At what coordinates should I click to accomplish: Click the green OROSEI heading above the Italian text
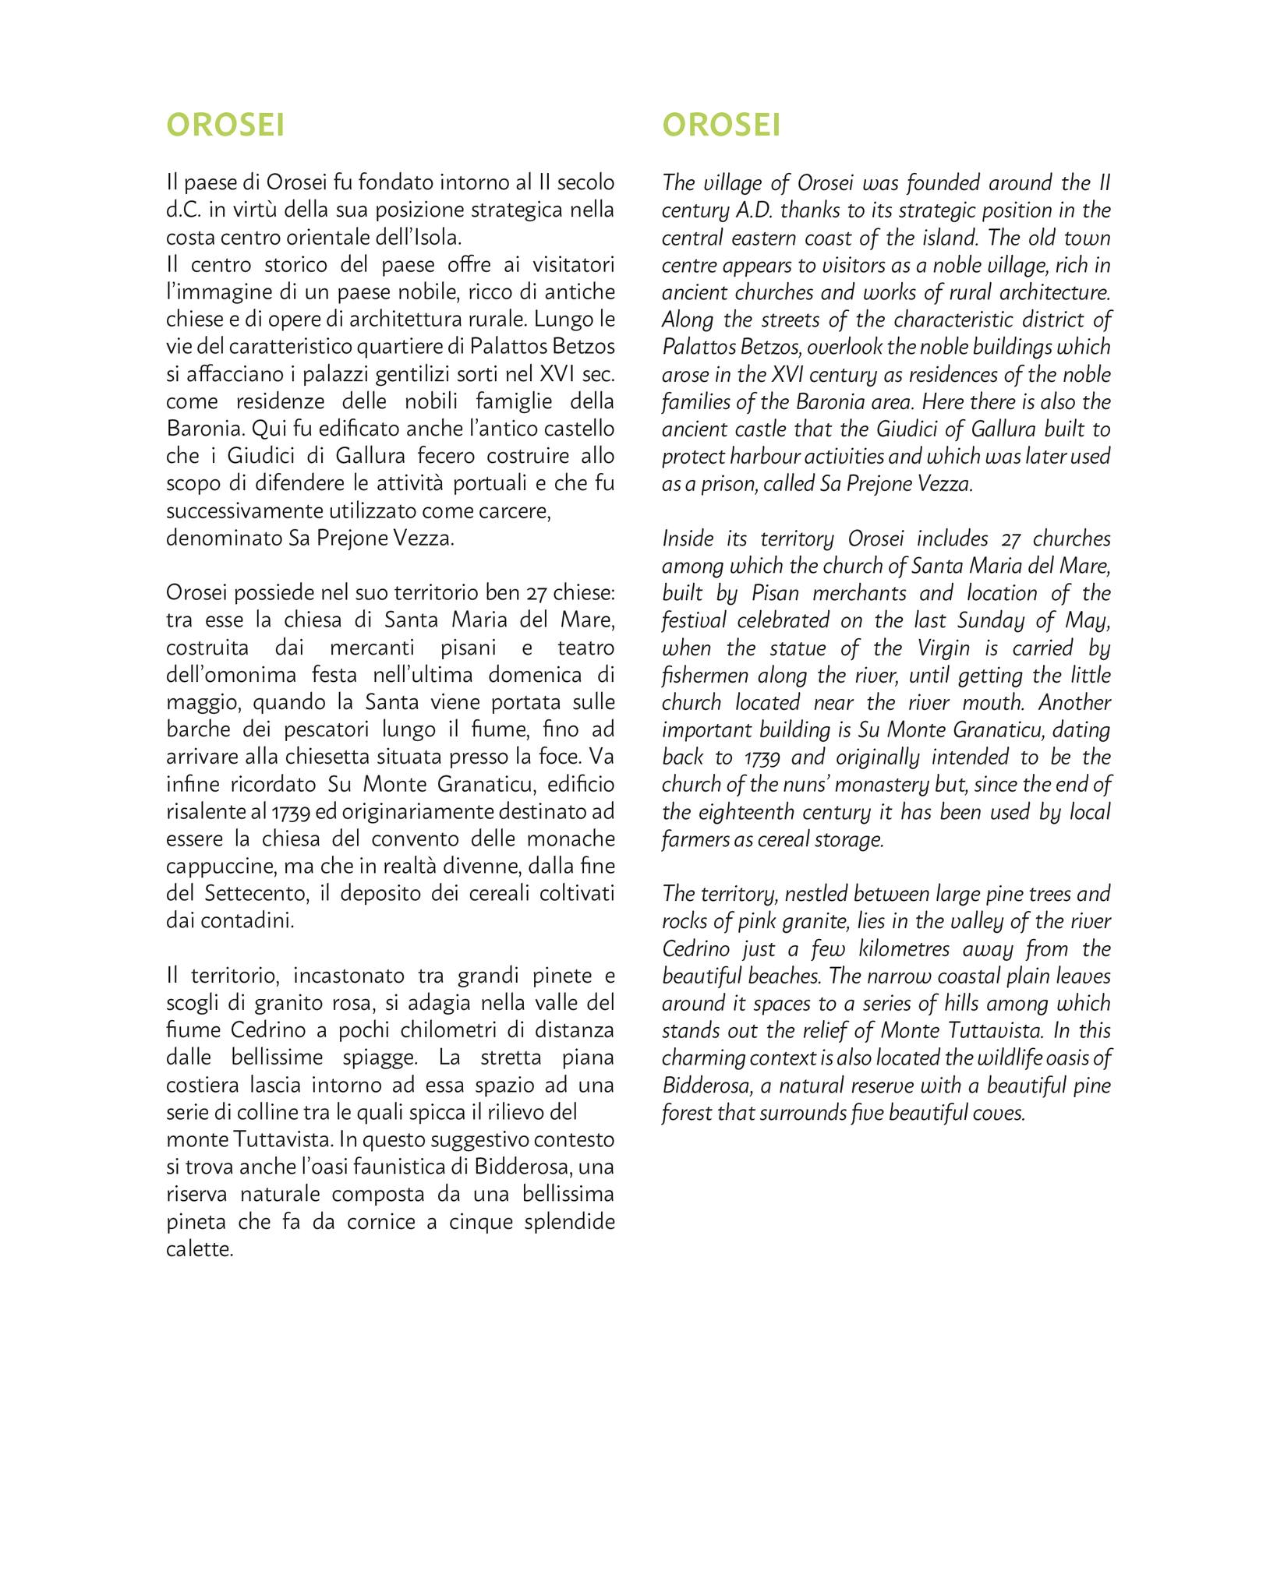click(x=225, y=125)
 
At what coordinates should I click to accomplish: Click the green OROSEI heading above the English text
click(x=721, y=125)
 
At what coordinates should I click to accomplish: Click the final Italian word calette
click(x=200, y=1249)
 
